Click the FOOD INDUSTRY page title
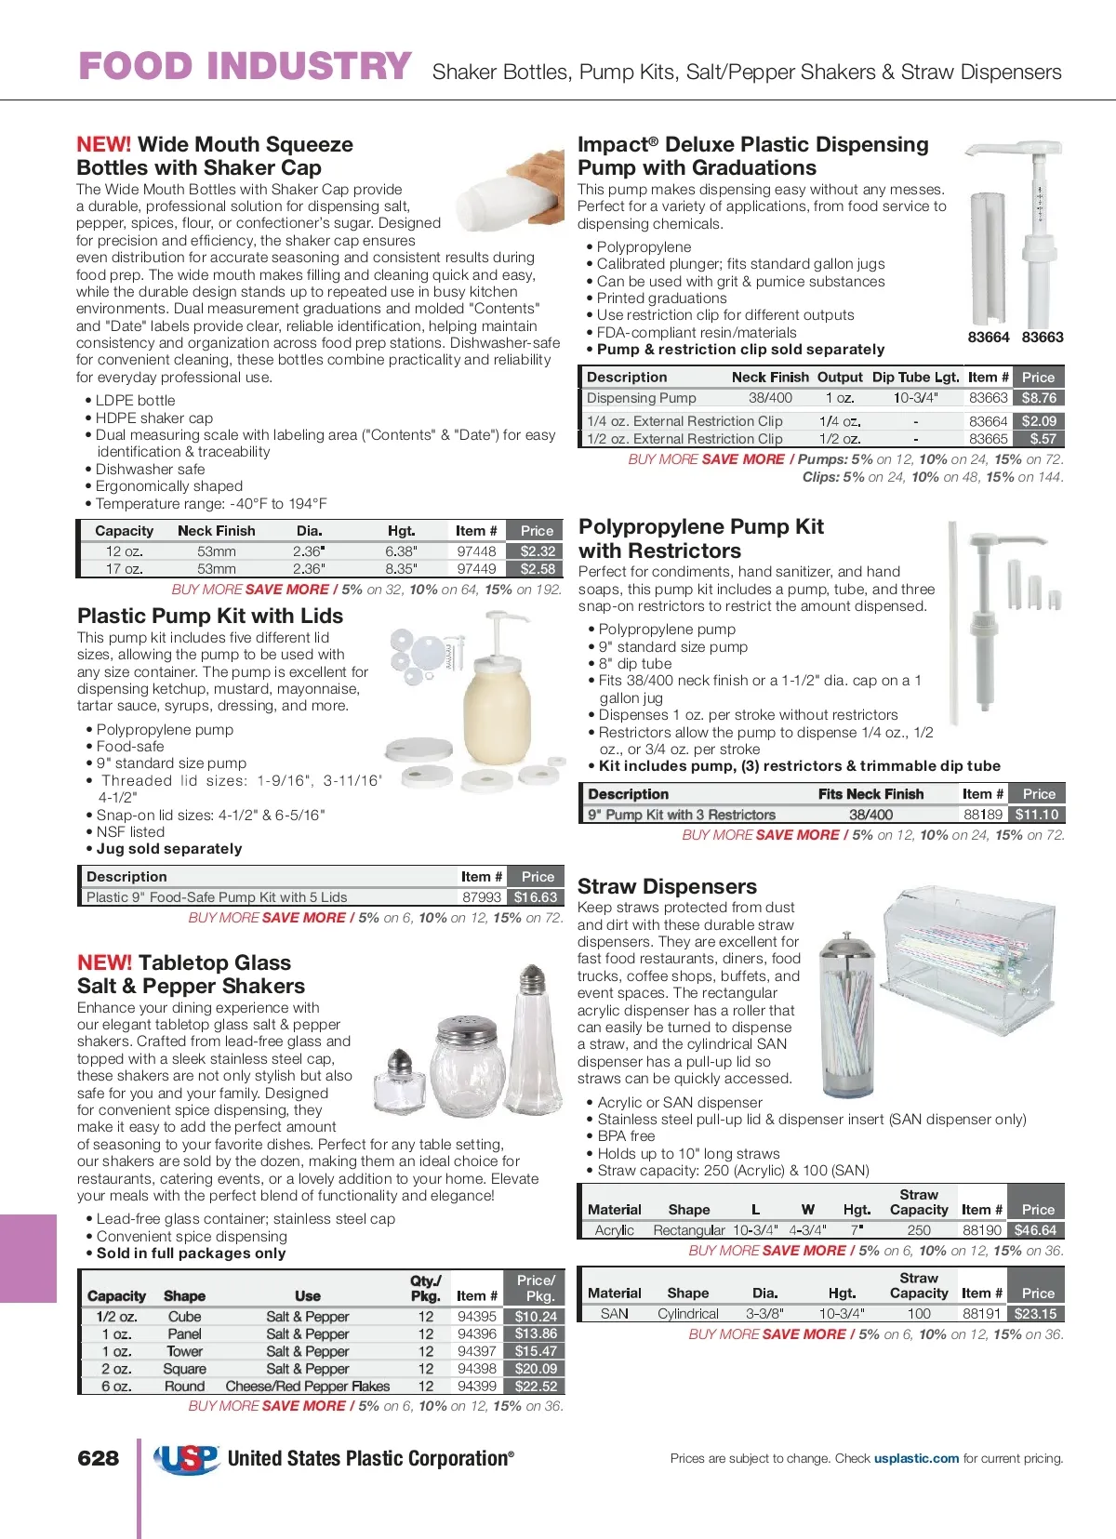pos(245,67)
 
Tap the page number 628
pos(99,1458)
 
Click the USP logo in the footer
pos(187,1459)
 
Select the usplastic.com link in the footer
pos(916,1458)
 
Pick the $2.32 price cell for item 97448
pos(538,551)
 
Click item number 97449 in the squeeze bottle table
pos(476,568)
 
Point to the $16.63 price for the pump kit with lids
pos(536,897)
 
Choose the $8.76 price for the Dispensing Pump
pos(1038,398)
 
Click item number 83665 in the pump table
pos(988,439)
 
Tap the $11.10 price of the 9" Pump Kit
pos(1037,815)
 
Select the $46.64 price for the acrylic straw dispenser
pos(1035,1230)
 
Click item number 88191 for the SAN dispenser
pos(981,1314)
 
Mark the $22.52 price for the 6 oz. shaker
pos(536,1386)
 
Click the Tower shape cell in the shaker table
pos(184,1351)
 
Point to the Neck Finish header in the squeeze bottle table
pos(216,531)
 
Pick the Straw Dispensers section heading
pos(667,886)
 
